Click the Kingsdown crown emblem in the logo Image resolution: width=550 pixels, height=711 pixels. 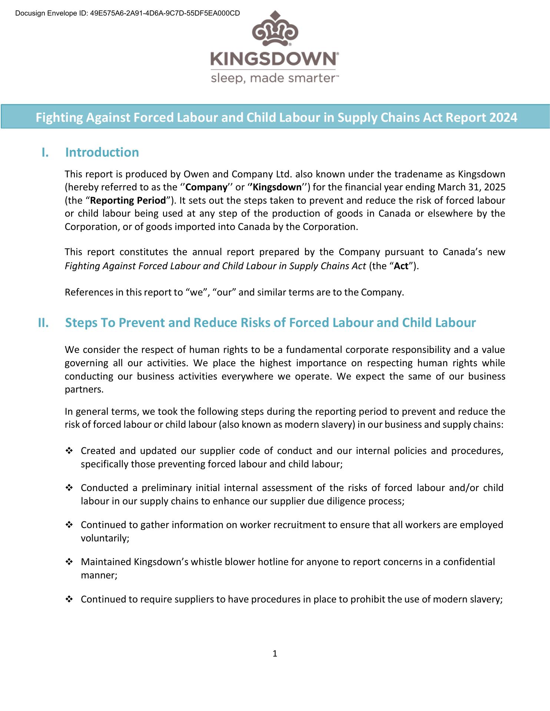[275, 29]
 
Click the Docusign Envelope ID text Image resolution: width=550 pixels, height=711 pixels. [127, 13]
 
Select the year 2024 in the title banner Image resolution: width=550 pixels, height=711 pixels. [503, 117]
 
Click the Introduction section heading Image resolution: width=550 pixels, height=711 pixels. [102, 153]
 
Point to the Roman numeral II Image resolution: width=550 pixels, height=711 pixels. [43, 323]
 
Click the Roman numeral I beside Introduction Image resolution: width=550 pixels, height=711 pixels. [45, 153]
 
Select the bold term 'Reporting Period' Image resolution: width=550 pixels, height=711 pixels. [128, 200]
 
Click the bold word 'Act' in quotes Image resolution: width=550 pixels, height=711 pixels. [401, 266]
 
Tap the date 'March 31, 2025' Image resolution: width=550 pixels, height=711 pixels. [471, 187]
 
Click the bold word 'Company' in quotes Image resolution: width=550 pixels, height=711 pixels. [206, 187]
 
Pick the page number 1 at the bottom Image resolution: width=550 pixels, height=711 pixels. [275, 654]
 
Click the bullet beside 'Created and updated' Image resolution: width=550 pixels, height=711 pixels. [69, 451]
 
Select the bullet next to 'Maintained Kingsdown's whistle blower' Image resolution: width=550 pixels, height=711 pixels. [69, 562]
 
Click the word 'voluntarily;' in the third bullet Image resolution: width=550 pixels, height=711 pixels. [105, 538]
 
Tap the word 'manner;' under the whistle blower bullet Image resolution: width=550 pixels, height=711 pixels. [99, 575]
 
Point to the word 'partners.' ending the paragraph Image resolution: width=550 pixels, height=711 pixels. [84, 390]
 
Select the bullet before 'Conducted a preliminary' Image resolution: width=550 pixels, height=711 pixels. [69, 488]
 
